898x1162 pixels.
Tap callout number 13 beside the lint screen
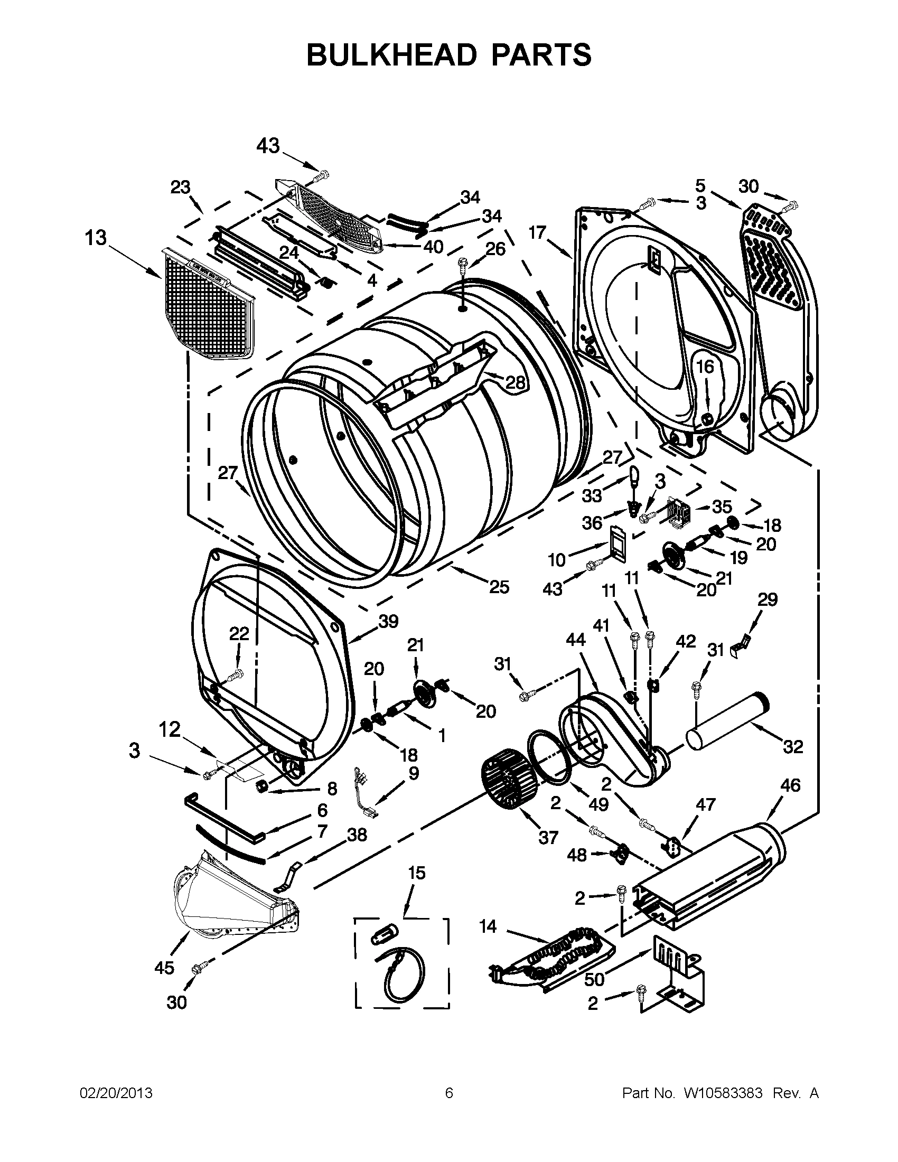(x=96, y=238)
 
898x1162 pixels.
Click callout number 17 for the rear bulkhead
(x=537, y=232)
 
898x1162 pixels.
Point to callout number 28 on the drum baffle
(x=515, y=382)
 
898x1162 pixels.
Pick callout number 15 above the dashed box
(x=417, y=873)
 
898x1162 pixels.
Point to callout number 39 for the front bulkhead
(x=388, y=621)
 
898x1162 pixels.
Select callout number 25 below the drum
(x=499, y=587)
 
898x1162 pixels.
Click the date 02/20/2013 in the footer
(x=116, y=1093)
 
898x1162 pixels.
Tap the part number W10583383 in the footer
(x=723, y=1093)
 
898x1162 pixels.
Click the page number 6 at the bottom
(x=448, y=1093)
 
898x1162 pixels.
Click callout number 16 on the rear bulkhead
(x=705, y=367)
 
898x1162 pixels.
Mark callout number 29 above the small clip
(x=767, y=599)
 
